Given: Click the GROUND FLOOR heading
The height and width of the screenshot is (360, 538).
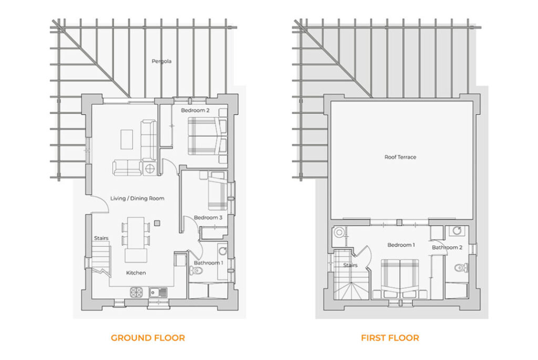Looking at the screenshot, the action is [148, 338].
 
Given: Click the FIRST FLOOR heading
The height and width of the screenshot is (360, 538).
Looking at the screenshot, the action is [390, 338].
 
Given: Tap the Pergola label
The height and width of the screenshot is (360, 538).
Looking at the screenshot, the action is [162, 61].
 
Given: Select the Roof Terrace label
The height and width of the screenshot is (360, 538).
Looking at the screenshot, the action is [400, 157].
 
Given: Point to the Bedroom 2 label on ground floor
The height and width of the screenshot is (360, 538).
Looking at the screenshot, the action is [195, 110].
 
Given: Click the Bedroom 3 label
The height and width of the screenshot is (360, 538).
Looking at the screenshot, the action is [208, 218].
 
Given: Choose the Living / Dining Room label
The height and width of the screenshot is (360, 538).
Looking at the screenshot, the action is [137, 198].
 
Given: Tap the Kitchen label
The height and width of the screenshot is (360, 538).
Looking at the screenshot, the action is [136, 273].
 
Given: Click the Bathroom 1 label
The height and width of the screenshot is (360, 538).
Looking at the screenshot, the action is [209, 263].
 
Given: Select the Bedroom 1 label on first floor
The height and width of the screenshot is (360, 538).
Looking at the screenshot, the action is [401, 245].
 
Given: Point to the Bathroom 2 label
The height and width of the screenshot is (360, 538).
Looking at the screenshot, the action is [447, 248].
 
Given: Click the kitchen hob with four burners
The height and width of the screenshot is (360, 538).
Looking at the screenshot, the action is [136, 292].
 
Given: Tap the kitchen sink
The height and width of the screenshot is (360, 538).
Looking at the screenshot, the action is [158, 292].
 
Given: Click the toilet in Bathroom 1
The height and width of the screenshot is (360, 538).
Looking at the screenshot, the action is [196, 271].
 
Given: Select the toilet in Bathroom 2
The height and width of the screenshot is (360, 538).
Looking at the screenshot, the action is [461, 268].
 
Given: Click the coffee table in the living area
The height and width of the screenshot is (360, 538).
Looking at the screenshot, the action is [127, 139].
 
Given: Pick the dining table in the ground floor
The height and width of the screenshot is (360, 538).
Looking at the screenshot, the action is [136, 233].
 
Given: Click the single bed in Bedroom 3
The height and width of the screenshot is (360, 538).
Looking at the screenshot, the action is [218, 191].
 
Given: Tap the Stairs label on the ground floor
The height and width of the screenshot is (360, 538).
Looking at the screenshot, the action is [101, 238].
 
